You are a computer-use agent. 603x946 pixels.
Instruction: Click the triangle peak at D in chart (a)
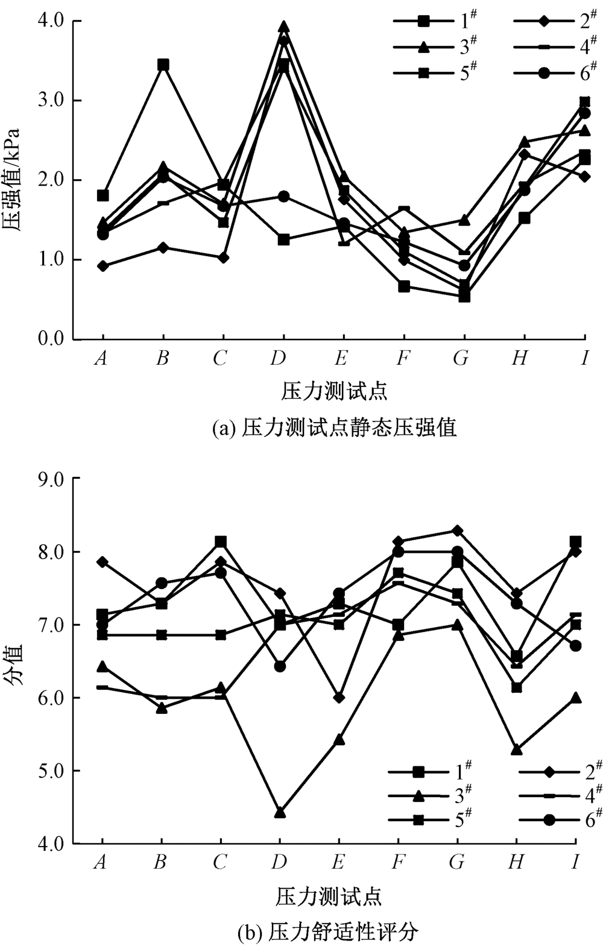click(x=283, y=27)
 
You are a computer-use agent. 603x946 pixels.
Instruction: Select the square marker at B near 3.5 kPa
click(x=163, y=65)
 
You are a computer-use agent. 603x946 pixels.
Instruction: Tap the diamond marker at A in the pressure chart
click(x=103, y=266)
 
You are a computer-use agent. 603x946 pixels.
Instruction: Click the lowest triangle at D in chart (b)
click(x=280, y=813)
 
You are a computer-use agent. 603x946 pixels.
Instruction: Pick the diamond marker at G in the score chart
click(x=457, y=531)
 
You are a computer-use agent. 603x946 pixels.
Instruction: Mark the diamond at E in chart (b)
click(x=339, y=698)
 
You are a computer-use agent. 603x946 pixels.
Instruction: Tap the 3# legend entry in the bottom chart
click(x=431, y=796)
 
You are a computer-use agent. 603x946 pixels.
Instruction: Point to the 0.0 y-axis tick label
click(x=51, y=339)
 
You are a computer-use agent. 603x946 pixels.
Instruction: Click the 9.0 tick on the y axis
click(x=51, y=479)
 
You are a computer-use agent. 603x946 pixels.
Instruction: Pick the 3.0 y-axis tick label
click(x=51, y=101)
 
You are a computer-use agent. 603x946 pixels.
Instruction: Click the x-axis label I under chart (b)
click(x=575, y=863)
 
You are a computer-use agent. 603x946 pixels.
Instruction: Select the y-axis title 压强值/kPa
click(x=13, y=180)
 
